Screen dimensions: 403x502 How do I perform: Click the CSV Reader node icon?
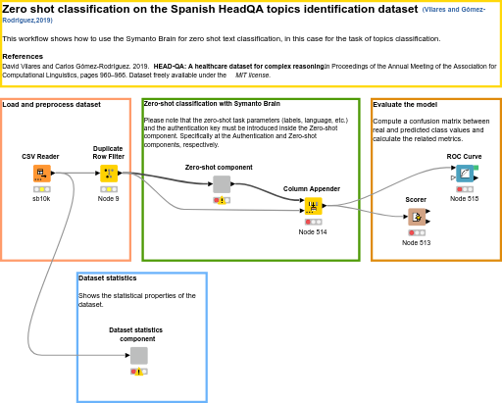[x=41, y=174]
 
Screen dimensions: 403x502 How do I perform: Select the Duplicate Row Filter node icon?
[x=108, y=174]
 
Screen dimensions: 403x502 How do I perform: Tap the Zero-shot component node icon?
[x=222, y=184]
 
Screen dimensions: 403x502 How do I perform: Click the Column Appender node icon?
[x=313, y=206]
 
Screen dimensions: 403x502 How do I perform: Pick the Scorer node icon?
[x=417, y=217]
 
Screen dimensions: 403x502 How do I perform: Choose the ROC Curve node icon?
[x=465, y=174]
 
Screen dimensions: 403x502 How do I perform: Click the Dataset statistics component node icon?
[x=138, y=356]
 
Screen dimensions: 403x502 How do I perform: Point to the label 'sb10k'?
[x=41, y=199]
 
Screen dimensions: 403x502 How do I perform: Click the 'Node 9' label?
[x=108, y=199]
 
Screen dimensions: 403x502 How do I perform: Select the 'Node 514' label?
[x=313, y=232]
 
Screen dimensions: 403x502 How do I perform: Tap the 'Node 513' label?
[x=417, y=242]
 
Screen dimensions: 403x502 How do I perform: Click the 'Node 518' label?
[x=465, y=199]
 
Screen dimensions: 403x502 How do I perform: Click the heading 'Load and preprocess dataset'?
[x=51, y=104]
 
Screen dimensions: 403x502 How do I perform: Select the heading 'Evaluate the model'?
[x=405, y=104]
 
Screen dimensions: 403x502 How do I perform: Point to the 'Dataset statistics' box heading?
[x=107, y=277]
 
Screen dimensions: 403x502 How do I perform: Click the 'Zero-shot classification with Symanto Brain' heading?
[x=211, y=103]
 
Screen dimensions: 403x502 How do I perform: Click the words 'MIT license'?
[x=252, y=75]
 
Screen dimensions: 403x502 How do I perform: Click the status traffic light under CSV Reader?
[x=41, y=188]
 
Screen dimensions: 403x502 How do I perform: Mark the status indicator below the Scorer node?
[x=417, y=232]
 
